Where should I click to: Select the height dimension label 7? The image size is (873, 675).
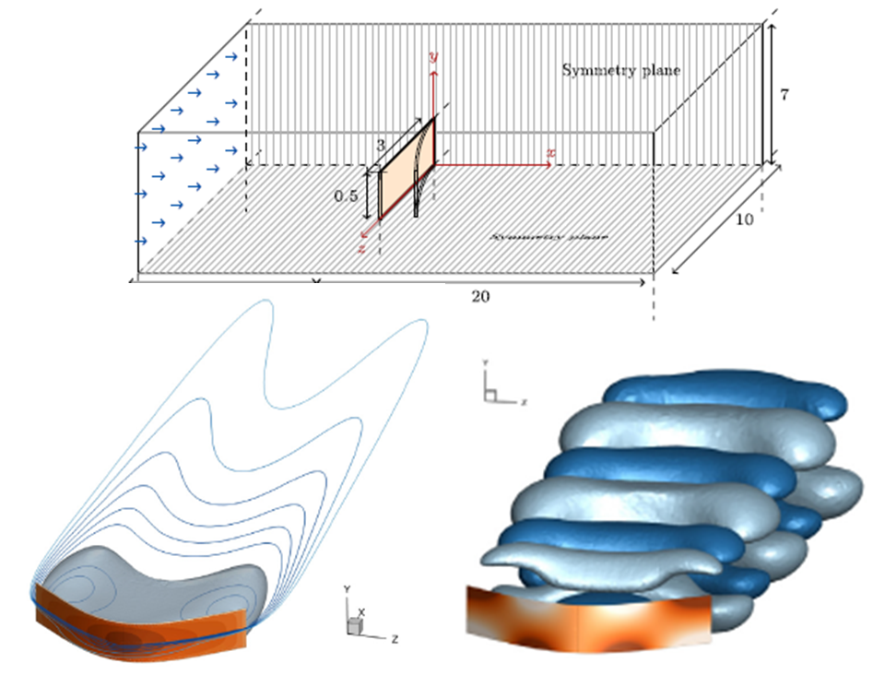[x=785, y=94]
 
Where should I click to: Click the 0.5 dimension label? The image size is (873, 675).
[x=347, y=195]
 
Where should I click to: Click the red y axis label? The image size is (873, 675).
[x=432, y=57]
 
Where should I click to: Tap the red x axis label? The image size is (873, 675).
[x=550, y=151]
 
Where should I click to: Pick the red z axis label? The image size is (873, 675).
[x=362, y=247]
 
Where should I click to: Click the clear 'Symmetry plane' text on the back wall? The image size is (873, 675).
[x=621, y=70]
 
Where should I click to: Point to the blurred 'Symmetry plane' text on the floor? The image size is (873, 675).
[x=550, y=237]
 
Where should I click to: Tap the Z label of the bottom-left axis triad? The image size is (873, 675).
[x=394, y=638]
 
